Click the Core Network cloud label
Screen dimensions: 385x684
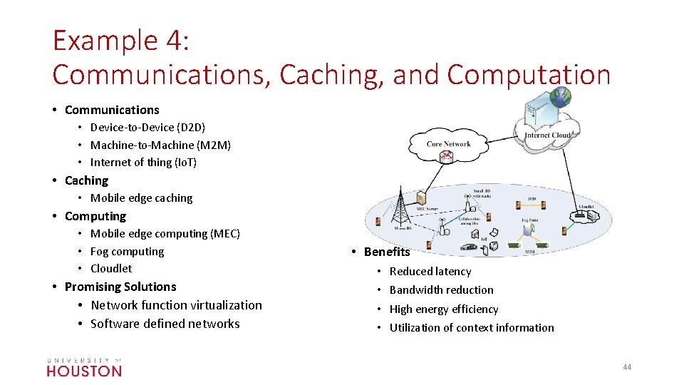[449, 144]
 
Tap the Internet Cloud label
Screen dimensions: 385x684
[548, 135]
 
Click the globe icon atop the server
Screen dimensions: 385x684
[561, 98]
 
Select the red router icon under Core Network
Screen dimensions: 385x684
[448, 156]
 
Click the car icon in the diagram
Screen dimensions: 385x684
[469, 247]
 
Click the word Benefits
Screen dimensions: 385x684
[387, 252]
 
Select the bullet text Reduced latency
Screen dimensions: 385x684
[430, 272]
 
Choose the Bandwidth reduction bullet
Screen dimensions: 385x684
[441, 290]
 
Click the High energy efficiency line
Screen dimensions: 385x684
[444, 309]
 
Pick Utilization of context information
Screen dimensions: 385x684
[472, 328]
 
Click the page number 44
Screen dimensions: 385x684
[627, 367]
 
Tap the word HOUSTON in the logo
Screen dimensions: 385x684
[84, 371]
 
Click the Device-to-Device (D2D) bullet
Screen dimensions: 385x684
[147, 128]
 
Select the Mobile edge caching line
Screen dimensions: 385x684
[141, 198]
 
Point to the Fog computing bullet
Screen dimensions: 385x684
[127, 252]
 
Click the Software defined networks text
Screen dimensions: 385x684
[165, 324]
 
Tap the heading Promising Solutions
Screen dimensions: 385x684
[120, 287]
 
